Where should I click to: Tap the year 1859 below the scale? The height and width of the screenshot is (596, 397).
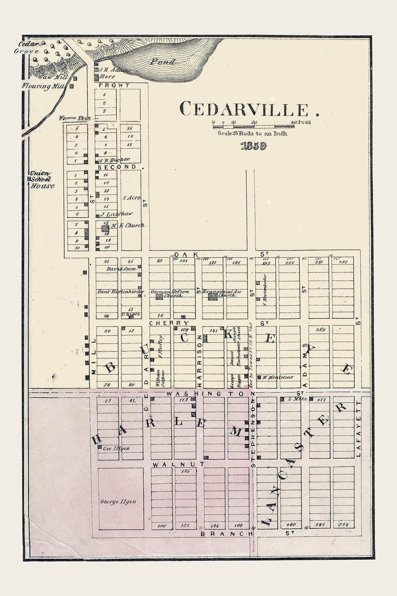click(x=253, y=146)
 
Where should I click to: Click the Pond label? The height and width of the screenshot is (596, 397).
click(x=162, y=62)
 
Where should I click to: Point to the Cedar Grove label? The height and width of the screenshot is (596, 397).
click(x=28, y=48)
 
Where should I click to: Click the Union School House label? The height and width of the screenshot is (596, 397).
click(x=42, y=180)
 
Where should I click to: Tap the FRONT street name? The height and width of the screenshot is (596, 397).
click(x=114, y=85)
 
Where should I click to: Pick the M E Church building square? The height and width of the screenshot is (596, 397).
click(x=105, y=228)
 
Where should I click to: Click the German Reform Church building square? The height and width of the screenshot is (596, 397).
click(x=159, y=296)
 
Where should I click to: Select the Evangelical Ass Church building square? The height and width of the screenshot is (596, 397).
click(x=212, y=296)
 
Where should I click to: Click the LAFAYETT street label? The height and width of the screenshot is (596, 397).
click(x=359, y=429)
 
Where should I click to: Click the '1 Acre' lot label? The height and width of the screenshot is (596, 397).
click(x=131, y=198)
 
